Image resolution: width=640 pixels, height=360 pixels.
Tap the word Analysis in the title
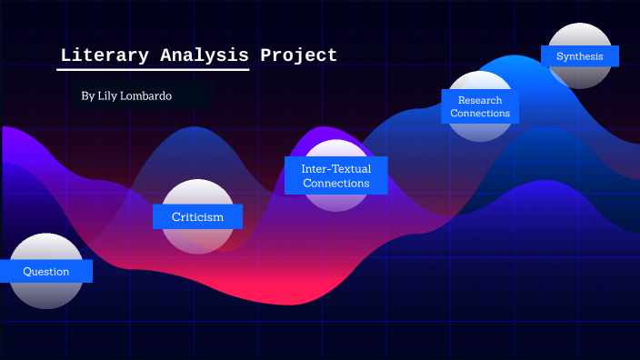click(195, 55)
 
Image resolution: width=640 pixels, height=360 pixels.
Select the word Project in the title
click(298, 55)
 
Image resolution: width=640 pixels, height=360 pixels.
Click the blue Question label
click(45, 271)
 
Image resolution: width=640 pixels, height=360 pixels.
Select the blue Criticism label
click(197, 216)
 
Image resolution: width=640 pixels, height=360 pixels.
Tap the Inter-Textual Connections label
click(335, 175)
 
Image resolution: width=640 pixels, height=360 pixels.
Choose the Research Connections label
click(479, 107)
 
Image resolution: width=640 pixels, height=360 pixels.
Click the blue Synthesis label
click(579, 56)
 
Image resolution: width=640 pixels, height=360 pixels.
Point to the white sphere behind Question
click(45, 293)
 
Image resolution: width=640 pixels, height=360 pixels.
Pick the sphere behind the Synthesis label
click(580, 76)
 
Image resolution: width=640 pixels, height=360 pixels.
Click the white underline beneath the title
click(154, 68)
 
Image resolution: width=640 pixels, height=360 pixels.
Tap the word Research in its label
click(480, 100)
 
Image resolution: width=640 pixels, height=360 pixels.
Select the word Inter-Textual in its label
click(335, 168)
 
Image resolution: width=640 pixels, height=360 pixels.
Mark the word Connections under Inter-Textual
click(335, 183)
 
